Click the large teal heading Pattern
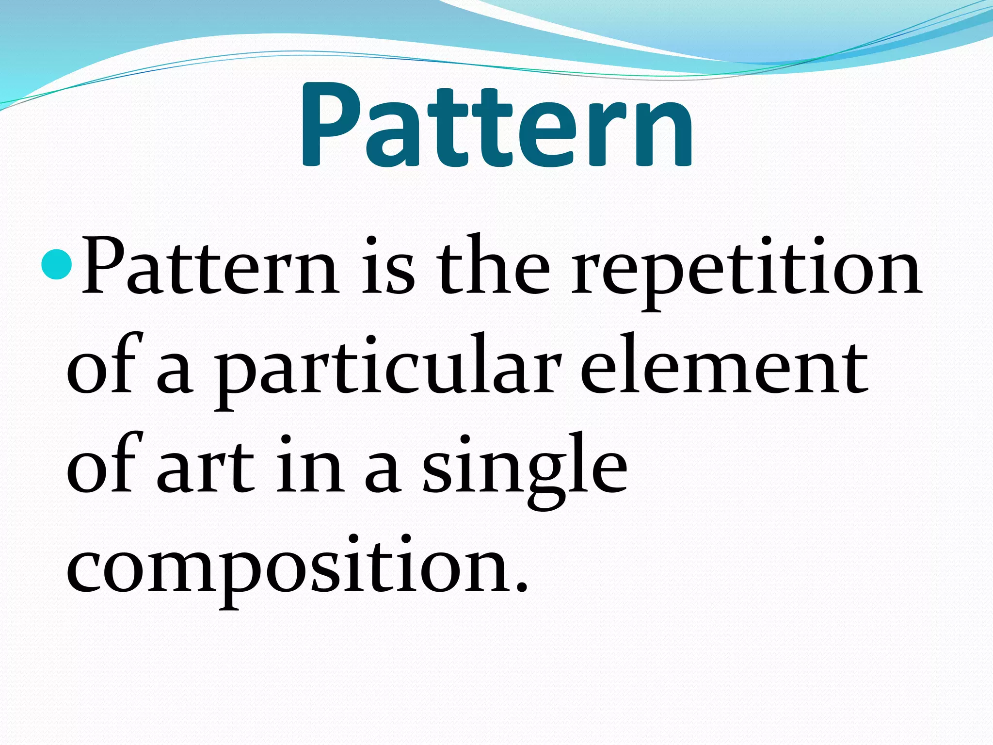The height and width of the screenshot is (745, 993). click(497, 127)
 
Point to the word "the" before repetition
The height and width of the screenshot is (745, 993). click(493, 267)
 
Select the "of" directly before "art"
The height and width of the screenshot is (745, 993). click(104, 463)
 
